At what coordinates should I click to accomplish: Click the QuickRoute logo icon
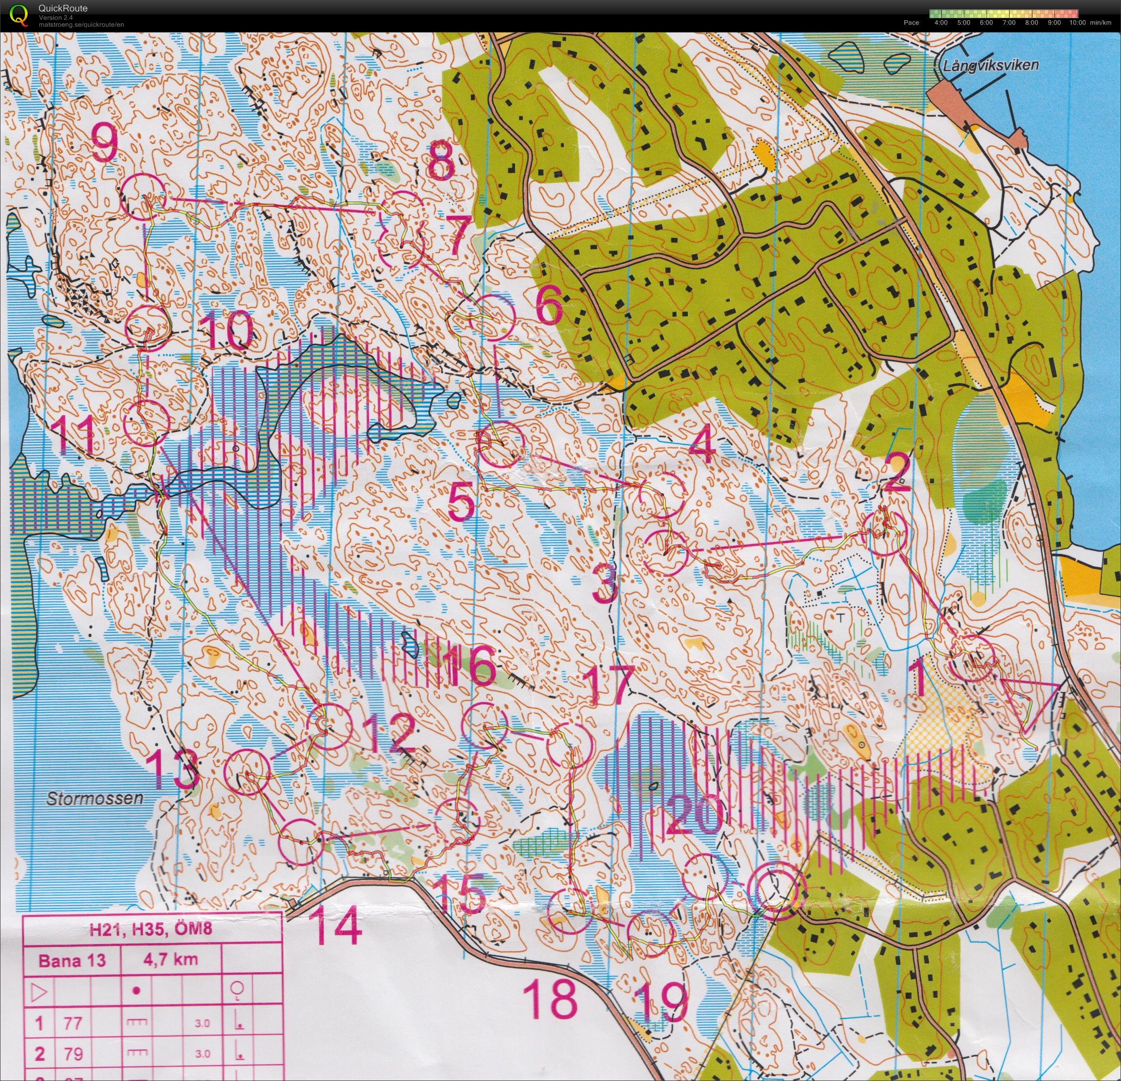[x=19, y=14]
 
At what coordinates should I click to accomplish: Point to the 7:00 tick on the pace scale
[x=1009, y=23]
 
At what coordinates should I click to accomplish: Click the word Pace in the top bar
[x=911, y=23]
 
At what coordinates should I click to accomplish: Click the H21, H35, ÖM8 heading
[x=150, y=928]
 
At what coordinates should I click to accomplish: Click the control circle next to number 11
[x=146, y=423]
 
